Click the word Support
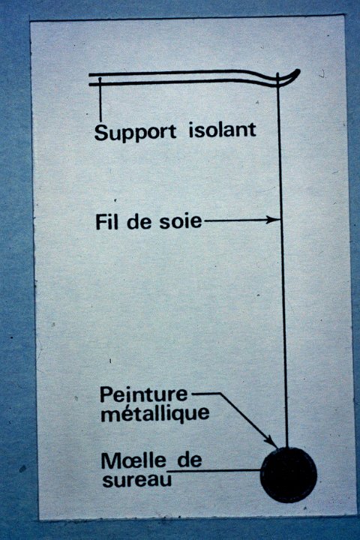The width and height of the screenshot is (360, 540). click(135, 133)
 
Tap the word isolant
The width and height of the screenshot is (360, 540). click(222, 130)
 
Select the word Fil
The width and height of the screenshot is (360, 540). click(107, 222)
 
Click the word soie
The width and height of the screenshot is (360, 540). click(180, 221)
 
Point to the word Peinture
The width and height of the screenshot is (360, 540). click(144, 394)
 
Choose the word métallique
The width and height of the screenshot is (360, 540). click(155, 413)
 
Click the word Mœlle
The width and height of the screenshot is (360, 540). click(133, 460)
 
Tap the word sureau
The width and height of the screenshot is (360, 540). click(136, 480)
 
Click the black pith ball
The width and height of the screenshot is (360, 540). click(288, 475)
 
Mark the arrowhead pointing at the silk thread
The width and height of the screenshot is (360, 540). click(273, 219)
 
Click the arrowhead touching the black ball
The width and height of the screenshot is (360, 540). click(271, 441)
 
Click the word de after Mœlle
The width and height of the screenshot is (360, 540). click(190, 460)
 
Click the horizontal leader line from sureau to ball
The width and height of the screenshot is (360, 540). click(215, 470)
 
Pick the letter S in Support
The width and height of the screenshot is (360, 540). click(101, 133)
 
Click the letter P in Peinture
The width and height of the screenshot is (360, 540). click(106, 395)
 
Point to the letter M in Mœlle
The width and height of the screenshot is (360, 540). click(109, 460)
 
